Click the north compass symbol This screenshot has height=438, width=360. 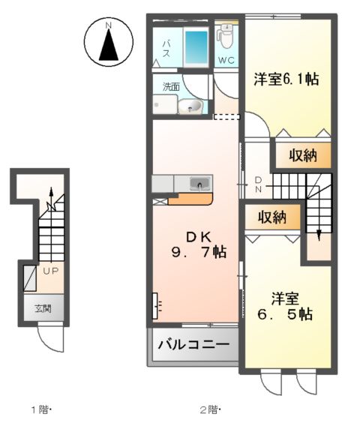point(109,42)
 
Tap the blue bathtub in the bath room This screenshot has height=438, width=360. point(195,47)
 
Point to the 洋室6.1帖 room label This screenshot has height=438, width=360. point(285,79)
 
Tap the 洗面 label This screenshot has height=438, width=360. point(171,87)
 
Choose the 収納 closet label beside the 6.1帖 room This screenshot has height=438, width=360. point(304,155)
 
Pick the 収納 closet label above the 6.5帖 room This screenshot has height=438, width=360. point(273,217)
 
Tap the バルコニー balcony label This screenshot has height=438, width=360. point(193,346)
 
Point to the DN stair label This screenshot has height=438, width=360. point(258,184)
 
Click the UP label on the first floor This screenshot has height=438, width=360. point(51,271)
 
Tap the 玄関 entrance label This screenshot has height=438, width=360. point(43,308)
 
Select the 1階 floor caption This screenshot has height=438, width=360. point(40,409)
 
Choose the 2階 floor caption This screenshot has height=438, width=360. point(208,409)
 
